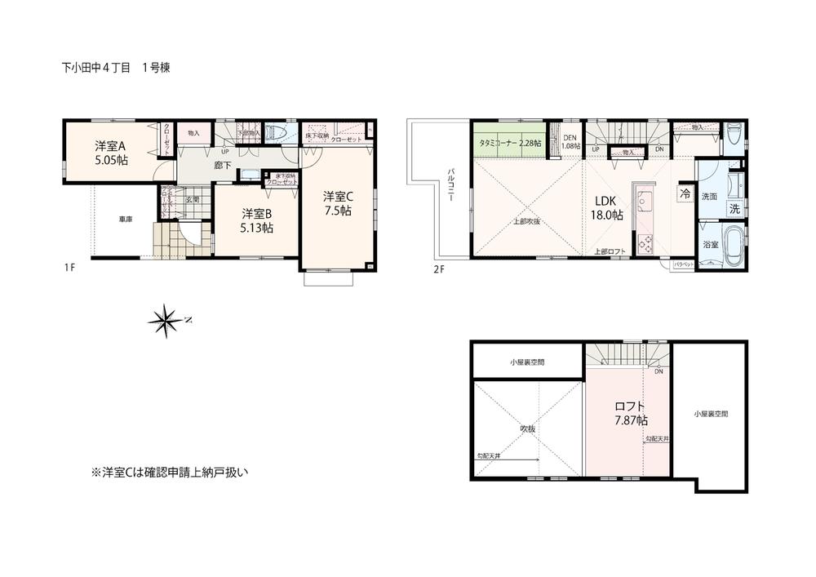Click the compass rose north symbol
coord(166,322)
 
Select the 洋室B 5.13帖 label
coord(256,220)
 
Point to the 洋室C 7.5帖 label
coord(336,203)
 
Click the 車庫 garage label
coord(125,219)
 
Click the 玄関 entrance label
coord(192,199)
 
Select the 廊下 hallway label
coord(221,165)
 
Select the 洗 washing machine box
coord(734,208)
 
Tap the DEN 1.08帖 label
coord(571,141)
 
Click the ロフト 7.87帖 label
coord(631,413)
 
